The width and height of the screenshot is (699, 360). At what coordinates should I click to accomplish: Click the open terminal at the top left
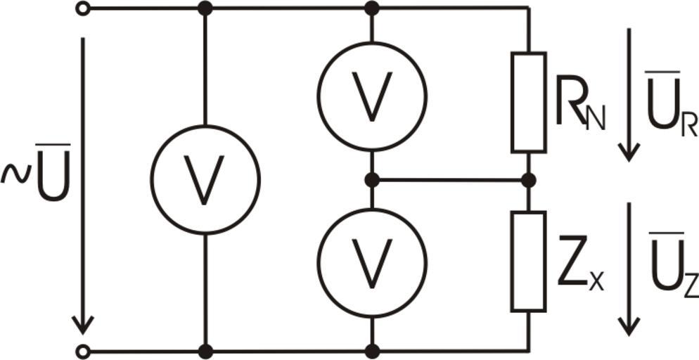point(82,8)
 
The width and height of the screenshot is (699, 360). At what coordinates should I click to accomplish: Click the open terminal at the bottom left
point(82,352)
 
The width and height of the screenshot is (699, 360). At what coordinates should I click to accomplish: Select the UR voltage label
point(672,105)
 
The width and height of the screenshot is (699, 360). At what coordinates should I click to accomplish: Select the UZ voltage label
point(673,265)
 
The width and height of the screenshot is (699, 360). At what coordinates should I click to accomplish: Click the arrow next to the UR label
point(629,94)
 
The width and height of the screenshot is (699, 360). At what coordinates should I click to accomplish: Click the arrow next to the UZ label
point(629,269)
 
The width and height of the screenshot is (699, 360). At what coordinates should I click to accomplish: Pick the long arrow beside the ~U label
point(82,186)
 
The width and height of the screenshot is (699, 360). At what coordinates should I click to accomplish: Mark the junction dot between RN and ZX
point(529,181)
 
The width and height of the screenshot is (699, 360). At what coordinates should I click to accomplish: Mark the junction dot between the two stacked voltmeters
point(372,181)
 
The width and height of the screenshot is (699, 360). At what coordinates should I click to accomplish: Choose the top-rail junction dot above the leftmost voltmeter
point(205,8)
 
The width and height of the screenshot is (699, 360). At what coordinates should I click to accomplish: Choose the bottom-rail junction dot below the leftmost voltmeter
point(205,352)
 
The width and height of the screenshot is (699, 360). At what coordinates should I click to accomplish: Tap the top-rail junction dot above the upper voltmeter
point(372,8)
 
